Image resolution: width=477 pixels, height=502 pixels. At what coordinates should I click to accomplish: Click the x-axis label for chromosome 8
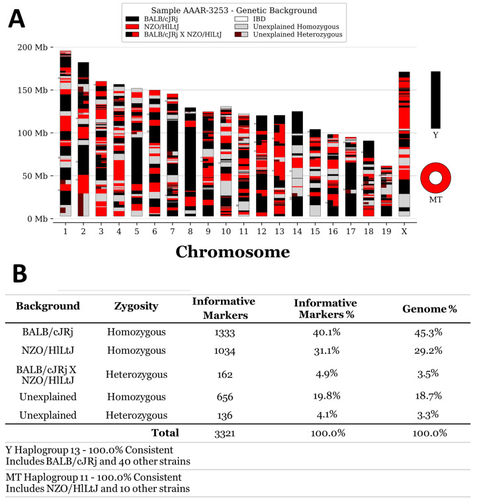click(191, 230)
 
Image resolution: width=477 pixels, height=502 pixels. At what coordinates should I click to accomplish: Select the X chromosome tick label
click(404, 230)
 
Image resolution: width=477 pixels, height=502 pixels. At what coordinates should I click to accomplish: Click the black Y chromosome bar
click(435, 99)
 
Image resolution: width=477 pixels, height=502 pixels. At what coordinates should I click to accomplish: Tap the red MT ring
click(435, 179)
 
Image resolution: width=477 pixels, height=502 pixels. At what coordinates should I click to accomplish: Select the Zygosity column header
click(135, 306)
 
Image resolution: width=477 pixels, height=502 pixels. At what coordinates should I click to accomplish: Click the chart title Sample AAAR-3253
click(233, 10)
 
